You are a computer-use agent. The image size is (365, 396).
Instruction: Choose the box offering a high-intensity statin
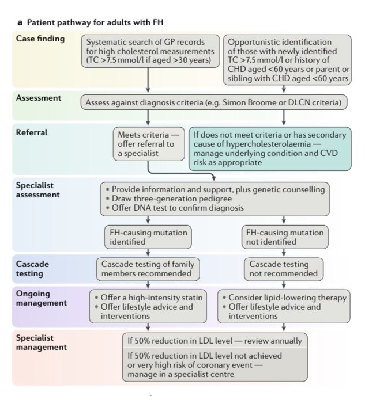[x=149, y=304]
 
